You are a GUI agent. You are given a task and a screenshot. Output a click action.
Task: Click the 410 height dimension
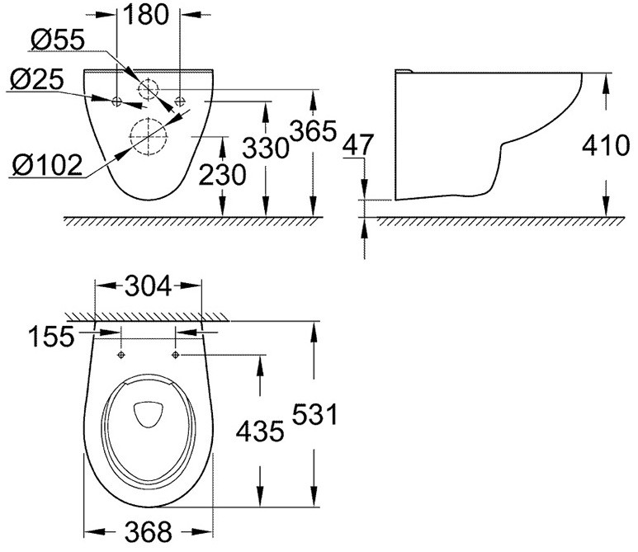607,146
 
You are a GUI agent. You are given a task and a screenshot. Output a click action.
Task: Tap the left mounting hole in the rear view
117,101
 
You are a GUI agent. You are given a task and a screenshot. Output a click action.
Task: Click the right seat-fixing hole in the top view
176,355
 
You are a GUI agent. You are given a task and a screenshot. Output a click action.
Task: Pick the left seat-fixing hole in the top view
121,355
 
